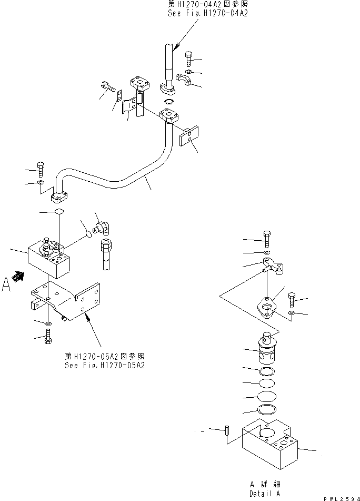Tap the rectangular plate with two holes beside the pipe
coord(188,137)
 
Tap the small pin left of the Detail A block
coord(226,430)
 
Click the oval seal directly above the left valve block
coord(58,211)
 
